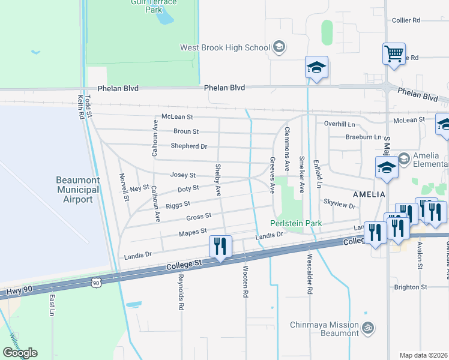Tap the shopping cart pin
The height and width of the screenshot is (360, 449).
[394, 54]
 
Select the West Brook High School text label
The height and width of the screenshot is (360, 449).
[225, 47]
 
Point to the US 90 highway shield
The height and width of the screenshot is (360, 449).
[96, 281]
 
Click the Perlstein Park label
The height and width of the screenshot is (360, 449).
[296, 223]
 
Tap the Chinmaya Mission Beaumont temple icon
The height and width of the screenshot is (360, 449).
[368, 328]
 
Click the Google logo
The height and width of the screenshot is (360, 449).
[20, 353]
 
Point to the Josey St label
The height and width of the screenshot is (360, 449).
[183, 175]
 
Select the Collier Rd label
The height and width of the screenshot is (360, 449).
[406, 20]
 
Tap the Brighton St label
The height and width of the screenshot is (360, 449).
[411, 287]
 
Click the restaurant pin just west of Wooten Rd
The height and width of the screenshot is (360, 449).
[220, 246]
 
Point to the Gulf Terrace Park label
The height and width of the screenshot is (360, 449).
[154, 6]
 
